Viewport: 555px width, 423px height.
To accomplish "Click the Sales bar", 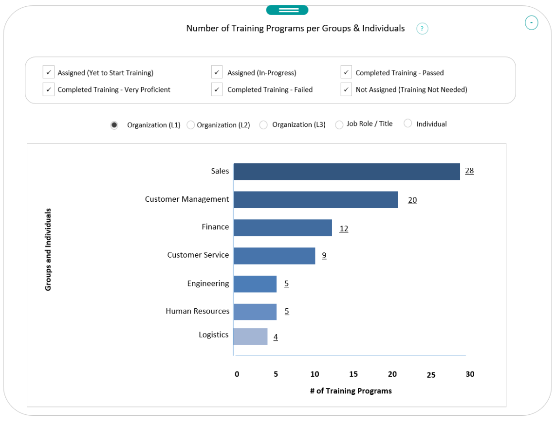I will click(x=347, y=172).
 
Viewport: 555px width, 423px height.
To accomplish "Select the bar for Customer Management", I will click(x=315, y=200).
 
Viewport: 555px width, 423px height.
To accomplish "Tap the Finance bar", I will click(x=282, y=228).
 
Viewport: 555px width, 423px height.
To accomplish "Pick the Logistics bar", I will click(x=250, y=336).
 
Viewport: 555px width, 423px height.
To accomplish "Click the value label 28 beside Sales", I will click(x=469, y=171).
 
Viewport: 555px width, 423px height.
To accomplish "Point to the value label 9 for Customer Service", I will click(x=324, y=255).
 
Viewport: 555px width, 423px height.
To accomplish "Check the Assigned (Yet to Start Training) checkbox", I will click(x=49, y=72).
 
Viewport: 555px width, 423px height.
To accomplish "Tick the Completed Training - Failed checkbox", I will click(x=217, y=89).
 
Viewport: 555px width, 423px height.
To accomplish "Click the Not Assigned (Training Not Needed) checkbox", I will click(x=346, y=89).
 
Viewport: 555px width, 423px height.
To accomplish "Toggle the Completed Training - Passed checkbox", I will click(x=346, y=72).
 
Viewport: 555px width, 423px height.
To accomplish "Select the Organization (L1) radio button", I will click(x=114, y=125).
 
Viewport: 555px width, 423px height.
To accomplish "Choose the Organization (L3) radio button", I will click(x=263, y=125).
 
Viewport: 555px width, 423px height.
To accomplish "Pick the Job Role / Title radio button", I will click(x=339, y=125).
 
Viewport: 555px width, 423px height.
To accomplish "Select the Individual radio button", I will click(x=408, y=123).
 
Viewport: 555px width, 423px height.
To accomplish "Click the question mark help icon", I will click(x=422, y=29).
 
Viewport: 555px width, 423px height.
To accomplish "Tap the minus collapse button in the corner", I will click(x=531, y=23).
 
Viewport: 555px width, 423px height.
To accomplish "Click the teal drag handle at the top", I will click(x=287, y=10).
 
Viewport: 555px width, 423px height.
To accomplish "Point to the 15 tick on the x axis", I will click(x=353, y=374).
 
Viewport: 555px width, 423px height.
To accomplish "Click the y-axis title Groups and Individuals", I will click(x=48, y=250).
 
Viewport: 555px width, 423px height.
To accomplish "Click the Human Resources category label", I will click(x=197, y=311).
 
